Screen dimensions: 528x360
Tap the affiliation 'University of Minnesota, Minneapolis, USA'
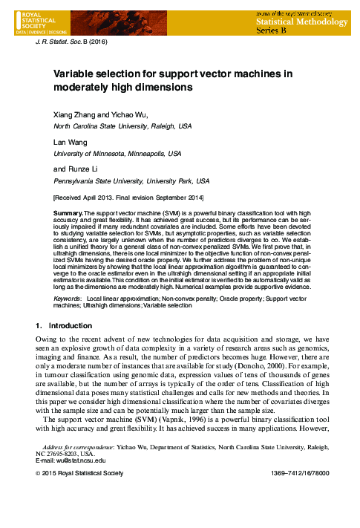117,153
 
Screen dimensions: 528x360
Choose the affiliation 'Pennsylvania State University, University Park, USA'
131,180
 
